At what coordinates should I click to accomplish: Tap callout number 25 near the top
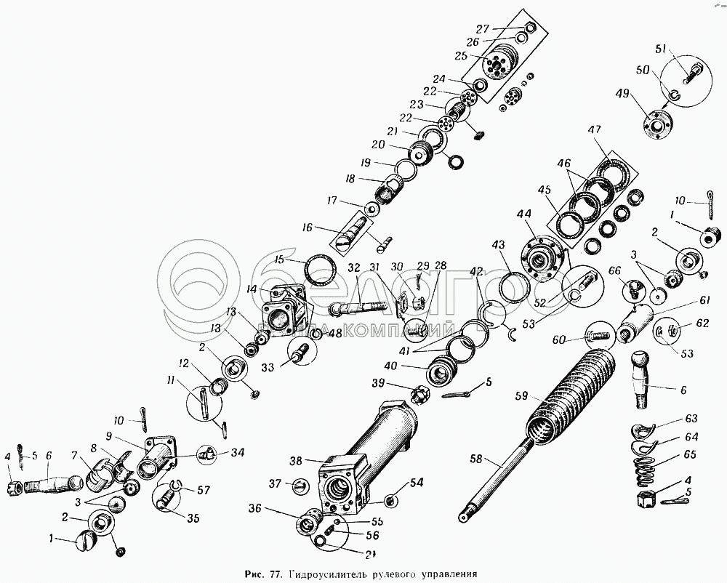[x=459, y=55]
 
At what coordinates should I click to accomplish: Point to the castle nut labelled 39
[x=420, y=395]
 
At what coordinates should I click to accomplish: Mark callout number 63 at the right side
[x=691, y=419]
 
